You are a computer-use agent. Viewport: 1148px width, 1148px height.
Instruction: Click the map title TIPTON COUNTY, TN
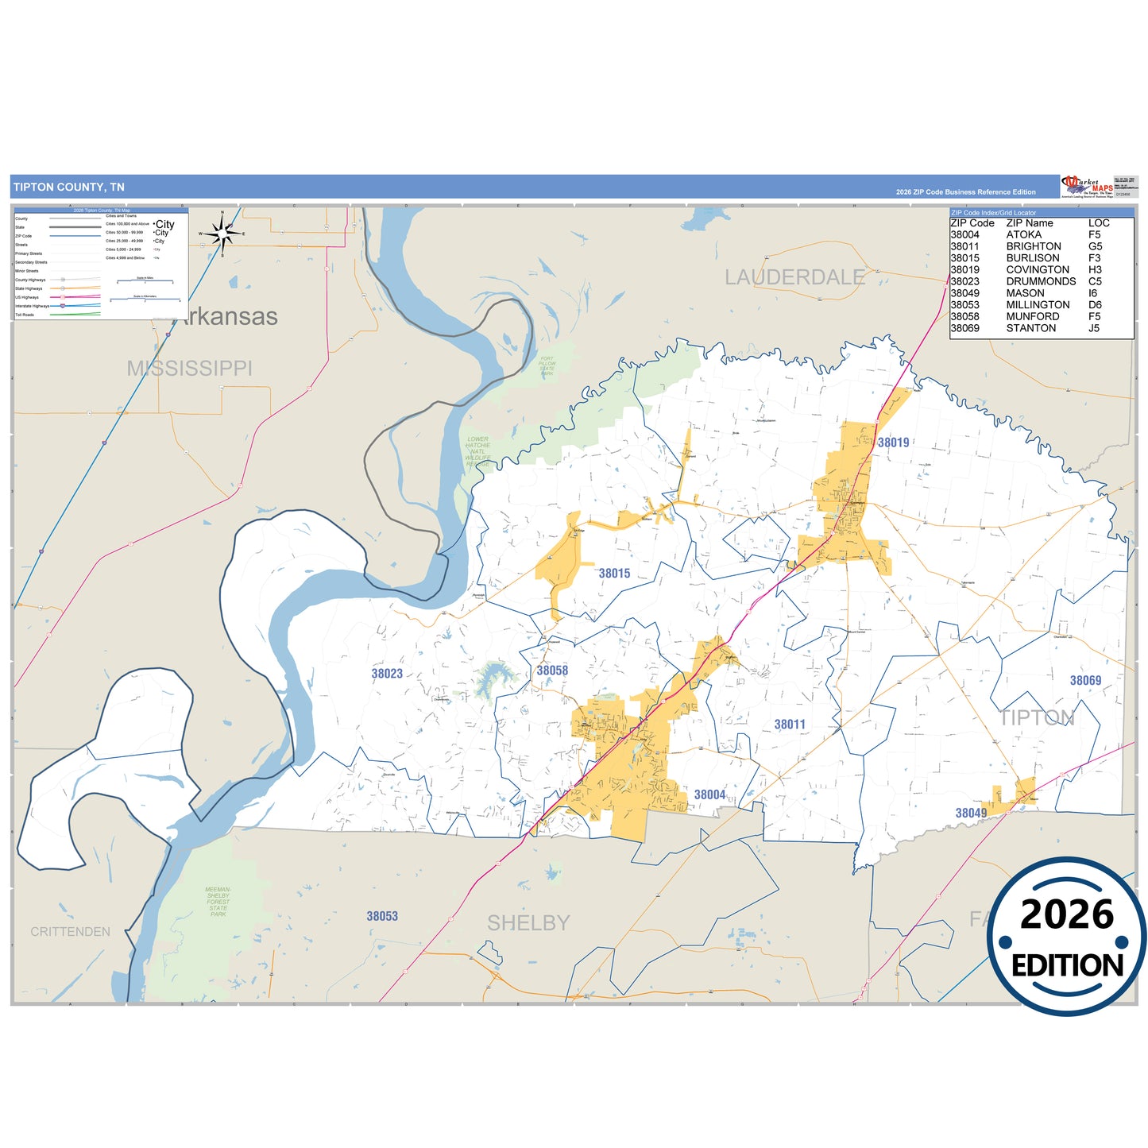(69, 187)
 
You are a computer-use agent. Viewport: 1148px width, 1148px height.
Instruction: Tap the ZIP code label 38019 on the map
(893, 443)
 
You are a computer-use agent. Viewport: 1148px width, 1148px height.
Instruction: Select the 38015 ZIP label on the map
(614, 574)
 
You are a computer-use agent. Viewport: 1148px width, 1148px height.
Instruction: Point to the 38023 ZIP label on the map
(387, 674)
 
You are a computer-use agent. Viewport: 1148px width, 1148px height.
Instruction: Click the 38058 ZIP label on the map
(552, 671)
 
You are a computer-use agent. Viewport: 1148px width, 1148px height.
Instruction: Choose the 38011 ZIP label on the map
(790, 725)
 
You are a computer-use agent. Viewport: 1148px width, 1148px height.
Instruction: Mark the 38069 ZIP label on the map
(1085, 681)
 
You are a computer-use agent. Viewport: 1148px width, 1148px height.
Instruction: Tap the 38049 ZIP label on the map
(971, 814)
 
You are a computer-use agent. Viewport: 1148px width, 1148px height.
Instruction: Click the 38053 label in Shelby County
(382, 917)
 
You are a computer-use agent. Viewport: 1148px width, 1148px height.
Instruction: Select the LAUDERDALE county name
(794, 277)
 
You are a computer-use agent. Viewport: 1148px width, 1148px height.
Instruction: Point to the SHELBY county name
(528, 923)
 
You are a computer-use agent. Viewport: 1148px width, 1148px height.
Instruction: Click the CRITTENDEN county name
(71, 932)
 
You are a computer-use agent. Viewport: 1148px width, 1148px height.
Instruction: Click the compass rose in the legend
(222, 234)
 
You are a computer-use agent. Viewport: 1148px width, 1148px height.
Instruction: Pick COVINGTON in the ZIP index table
(1038, 270)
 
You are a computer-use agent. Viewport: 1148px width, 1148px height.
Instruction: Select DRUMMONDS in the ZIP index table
(1041, 281)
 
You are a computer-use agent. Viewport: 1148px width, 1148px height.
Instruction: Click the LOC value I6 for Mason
(1093, 293)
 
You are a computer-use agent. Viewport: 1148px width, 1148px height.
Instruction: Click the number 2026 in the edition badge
(1067, 914)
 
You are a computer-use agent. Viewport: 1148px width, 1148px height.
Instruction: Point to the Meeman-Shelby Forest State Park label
(218, 902)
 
